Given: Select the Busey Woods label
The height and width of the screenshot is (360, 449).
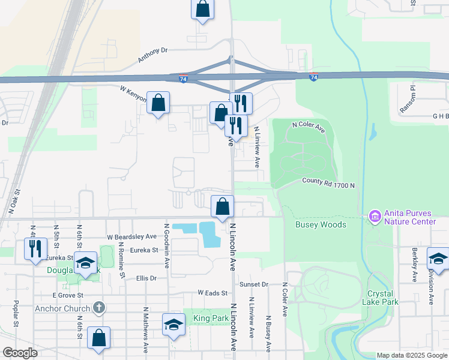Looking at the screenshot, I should (x=321, y=224).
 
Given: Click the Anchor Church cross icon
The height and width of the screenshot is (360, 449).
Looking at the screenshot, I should (x=100, y=308).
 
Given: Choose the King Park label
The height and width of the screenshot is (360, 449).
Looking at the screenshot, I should (x=205, y=317).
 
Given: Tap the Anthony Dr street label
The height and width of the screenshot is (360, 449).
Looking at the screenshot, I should (x=152, y=56).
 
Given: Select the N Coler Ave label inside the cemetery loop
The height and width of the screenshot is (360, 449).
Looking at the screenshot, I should (x=308, y=127).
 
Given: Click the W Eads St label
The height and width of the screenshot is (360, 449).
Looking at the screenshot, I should (x=213, y=293).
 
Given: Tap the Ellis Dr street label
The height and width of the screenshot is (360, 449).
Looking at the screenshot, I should (x=146, y=278).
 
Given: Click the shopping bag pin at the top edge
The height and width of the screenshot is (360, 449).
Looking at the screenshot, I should (x=203, y=9).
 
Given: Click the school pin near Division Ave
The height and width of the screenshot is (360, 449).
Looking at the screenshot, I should (x=438, y=259).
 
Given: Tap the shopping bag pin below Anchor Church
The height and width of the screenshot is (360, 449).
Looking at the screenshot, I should (x=98, y=337).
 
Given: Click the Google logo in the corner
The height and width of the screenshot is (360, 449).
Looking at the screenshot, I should (x=20, y=353).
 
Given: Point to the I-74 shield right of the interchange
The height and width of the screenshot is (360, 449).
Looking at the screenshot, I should (x=313, y=77).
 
